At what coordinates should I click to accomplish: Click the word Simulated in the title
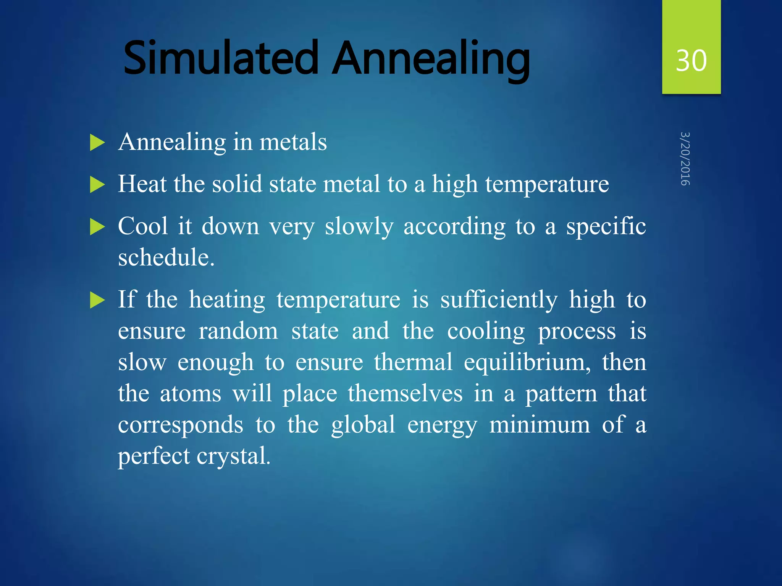[221, 58]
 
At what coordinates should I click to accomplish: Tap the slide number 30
[691, 61]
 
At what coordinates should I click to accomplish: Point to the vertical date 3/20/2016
[685, 159]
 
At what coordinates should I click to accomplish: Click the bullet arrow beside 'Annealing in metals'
[97, 143]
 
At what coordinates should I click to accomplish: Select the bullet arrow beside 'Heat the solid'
[97, 185]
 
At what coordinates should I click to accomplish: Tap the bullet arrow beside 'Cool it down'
[97, 227]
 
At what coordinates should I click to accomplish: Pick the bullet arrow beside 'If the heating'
[97, 300]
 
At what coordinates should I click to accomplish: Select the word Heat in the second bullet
[142, 184]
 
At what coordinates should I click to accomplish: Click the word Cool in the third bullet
[143, 226]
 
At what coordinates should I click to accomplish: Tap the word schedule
[166, 257]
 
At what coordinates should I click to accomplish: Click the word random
[238, 331]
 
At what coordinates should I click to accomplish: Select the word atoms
[191, 394]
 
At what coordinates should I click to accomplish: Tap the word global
[363, 426]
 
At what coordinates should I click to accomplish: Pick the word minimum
[540, 425]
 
